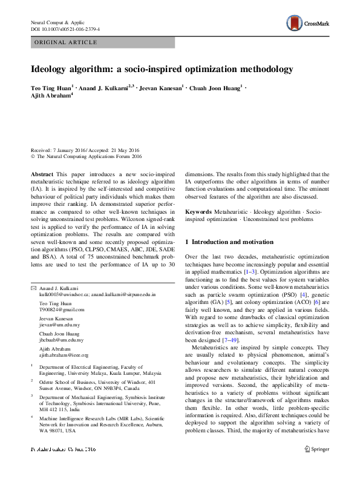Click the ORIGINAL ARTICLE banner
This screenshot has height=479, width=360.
pos(67,42)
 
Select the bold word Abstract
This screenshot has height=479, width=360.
pos(42,173)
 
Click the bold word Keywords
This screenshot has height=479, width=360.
pos(198,212)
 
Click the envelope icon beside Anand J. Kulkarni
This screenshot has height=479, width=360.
pos(33,287)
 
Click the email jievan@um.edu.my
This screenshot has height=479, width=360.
pos(60,325)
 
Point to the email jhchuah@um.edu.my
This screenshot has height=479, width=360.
pos(62,340)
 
